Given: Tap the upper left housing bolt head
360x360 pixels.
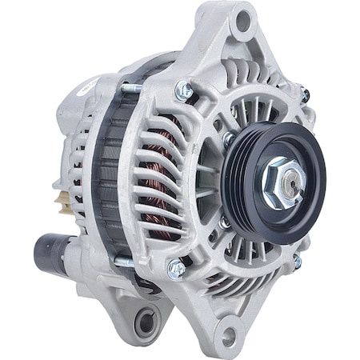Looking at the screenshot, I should click(184, 91).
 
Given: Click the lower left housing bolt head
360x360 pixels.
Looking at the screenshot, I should click(175, 270).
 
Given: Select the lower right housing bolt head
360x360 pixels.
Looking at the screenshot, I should click(297, 262).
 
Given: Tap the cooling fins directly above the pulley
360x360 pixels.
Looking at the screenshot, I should click(256, 104).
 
